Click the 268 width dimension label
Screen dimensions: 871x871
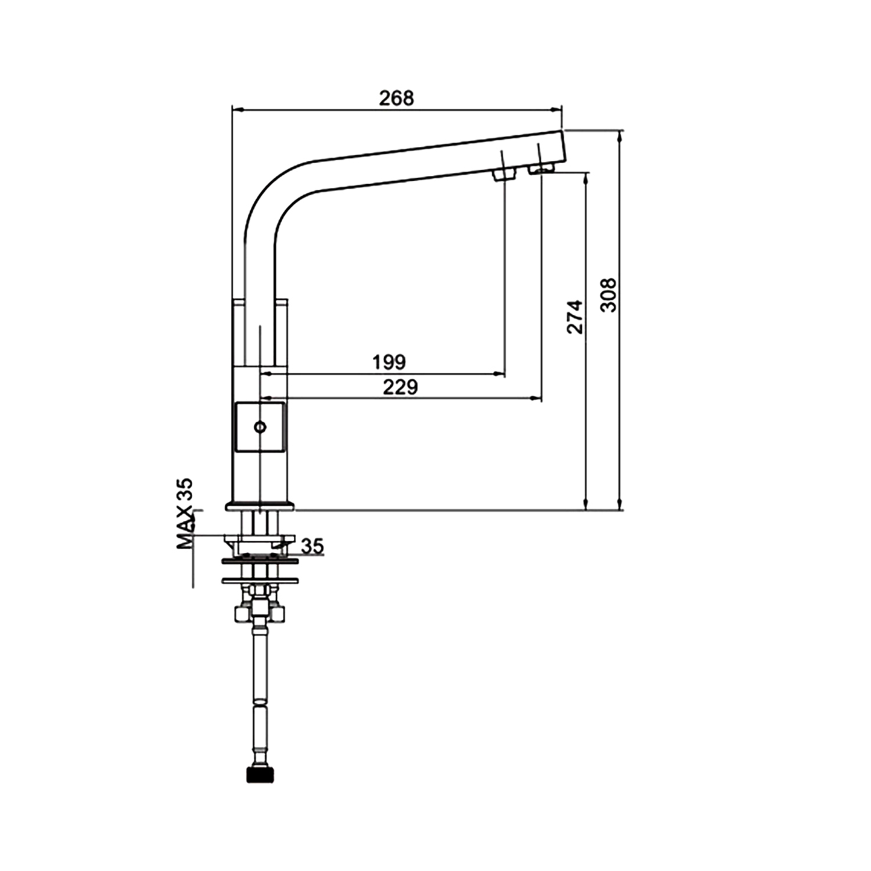397,98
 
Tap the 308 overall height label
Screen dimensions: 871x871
608,295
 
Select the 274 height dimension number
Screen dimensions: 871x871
574,316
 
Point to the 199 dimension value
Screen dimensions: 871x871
389,362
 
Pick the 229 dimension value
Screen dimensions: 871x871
400,387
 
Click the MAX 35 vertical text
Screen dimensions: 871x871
185,513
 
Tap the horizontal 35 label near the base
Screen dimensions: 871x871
312,546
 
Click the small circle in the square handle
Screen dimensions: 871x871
260,427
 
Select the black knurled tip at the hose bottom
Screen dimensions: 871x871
260,774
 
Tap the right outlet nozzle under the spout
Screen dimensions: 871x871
541,168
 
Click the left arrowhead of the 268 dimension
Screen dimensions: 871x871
237,109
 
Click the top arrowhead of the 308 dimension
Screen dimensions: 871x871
621,136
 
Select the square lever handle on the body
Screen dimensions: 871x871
260,427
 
